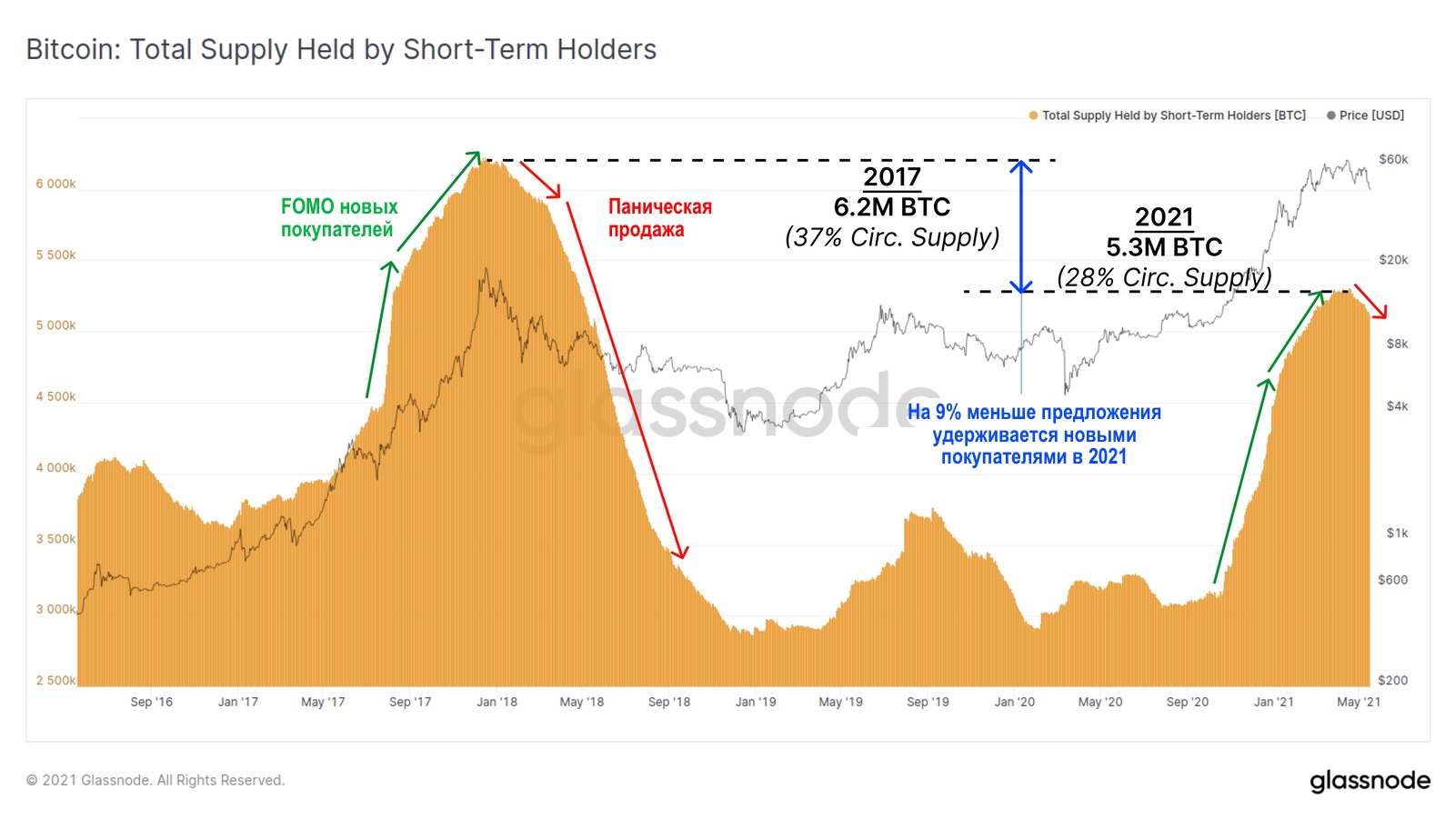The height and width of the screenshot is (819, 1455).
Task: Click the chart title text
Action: (341, 49)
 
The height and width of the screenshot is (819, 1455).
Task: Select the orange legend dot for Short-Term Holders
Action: (1033, 115)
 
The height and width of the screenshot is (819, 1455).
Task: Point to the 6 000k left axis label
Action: (55, 184)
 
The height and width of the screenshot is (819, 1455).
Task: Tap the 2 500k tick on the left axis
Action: (55, 680)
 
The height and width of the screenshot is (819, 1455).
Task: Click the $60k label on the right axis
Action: (1392, 159)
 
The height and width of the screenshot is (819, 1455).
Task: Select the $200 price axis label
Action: (1392, 680)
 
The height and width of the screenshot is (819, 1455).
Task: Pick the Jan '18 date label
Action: (497, 702)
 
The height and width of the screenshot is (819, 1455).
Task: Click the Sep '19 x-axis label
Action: (928, 702)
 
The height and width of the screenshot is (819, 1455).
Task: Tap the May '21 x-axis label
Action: (1358, 702)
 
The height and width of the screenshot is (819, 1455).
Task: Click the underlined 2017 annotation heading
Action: (891, 176)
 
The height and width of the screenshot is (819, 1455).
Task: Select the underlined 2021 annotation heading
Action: (1164, 217)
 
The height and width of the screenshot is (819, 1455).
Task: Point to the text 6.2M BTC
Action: (891, 207)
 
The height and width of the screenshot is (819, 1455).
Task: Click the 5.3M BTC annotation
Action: (1164, 247)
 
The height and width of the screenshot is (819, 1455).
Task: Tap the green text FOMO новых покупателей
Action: (338, 218)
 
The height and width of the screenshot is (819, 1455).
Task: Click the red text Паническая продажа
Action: (659, 218)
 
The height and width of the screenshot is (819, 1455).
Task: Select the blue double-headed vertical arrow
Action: (1021, 226)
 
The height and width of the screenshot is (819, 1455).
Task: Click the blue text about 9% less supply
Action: (1034, 434)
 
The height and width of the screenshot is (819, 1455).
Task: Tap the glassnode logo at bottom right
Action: (1370, 781)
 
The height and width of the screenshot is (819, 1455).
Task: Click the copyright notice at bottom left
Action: (156, 780)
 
